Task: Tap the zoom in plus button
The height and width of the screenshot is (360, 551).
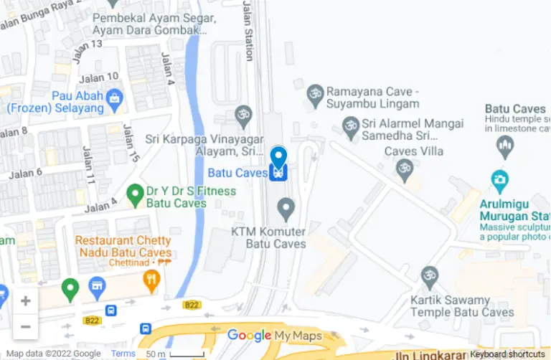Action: click(25, 301)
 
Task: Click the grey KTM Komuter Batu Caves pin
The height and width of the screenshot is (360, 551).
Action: click(286, 209)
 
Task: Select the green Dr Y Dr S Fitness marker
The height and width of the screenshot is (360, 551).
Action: click(134, 194)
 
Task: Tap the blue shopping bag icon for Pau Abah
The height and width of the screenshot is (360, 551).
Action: click(113, 97)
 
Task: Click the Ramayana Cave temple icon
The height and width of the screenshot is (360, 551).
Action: click(314, 93)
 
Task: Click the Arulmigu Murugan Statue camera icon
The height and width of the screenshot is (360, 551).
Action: click(499, 179)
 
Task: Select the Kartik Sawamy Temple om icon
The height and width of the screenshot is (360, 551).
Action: click(429, 275)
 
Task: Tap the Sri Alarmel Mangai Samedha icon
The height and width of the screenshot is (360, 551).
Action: click(350, 129)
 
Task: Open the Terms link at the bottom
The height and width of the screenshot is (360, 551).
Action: click(123, 354)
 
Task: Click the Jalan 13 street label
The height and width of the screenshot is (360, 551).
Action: click(86, 44)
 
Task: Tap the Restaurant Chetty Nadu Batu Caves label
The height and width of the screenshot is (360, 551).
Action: click(123, 246)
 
